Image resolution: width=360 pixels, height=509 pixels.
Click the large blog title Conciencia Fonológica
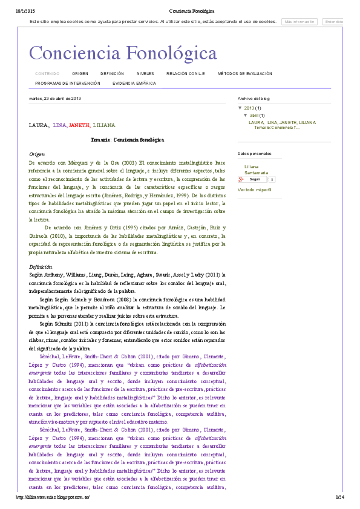(x=123, y=53)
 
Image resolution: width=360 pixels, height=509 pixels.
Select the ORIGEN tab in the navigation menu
(x=80, y=74)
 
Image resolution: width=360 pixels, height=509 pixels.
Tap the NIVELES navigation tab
(x=145, y=74)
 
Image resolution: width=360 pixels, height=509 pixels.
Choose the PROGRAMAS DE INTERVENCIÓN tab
(x=64, y=83)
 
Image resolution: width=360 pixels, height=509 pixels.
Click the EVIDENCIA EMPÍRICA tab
(x=134, y=83)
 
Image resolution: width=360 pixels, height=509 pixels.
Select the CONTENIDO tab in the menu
(x=47, y=74)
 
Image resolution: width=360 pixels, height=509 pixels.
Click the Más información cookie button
(x=300, y=22)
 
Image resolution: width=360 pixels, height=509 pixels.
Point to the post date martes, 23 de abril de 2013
(x=55, y=98)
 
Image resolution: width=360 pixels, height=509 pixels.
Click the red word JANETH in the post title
(x=79, y=125)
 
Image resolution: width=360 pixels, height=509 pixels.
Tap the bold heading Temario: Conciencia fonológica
(x=127, y=140)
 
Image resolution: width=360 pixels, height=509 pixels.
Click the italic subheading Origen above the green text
(x=37, y=154)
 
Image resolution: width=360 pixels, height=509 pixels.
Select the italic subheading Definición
(x=41, y=267)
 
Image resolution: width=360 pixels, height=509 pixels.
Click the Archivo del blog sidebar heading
(x=254, y=98)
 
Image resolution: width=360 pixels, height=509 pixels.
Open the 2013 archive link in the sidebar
(x=249, y=108)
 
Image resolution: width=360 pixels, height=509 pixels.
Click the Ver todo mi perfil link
(x=255, y=190)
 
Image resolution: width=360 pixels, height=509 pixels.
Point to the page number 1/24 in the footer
(x=339, y=497)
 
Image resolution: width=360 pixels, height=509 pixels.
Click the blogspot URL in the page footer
(x=53, y=497)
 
